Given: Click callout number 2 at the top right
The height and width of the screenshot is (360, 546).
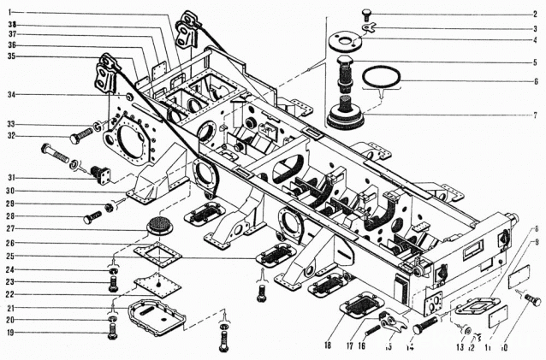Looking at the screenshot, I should [x=535, y=15].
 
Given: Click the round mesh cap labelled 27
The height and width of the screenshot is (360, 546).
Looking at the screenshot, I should [x=156, y=226].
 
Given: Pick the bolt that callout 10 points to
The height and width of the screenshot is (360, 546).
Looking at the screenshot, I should [x=531, y=301].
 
